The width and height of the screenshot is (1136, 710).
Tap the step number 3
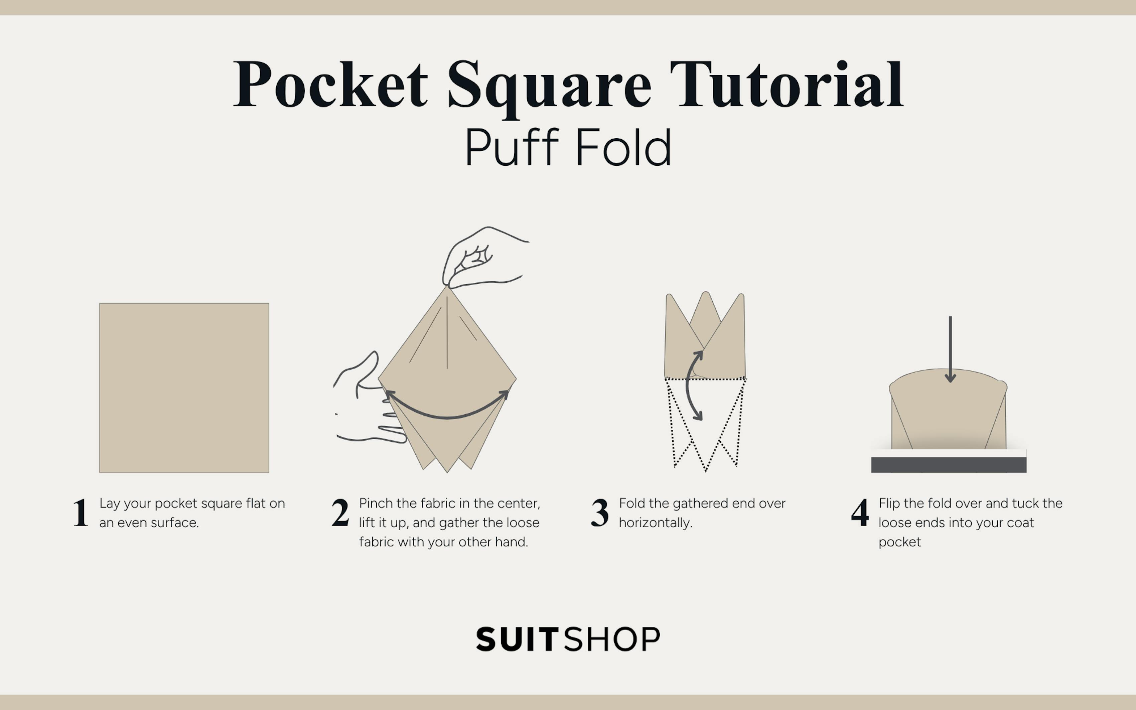pos(600,513)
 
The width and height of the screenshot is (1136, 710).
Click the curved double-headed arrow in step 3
pos(690,385)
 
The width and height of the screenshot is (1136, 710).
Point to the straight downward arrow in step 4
pos(950,347)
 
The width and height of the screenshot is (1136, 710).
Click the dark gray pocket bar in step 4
pos(948,465)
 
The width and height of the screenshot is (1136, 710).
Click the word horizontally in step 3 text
pos(655,523)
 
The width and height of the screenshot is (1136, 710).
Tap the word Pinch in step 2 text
pos(376,504)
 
